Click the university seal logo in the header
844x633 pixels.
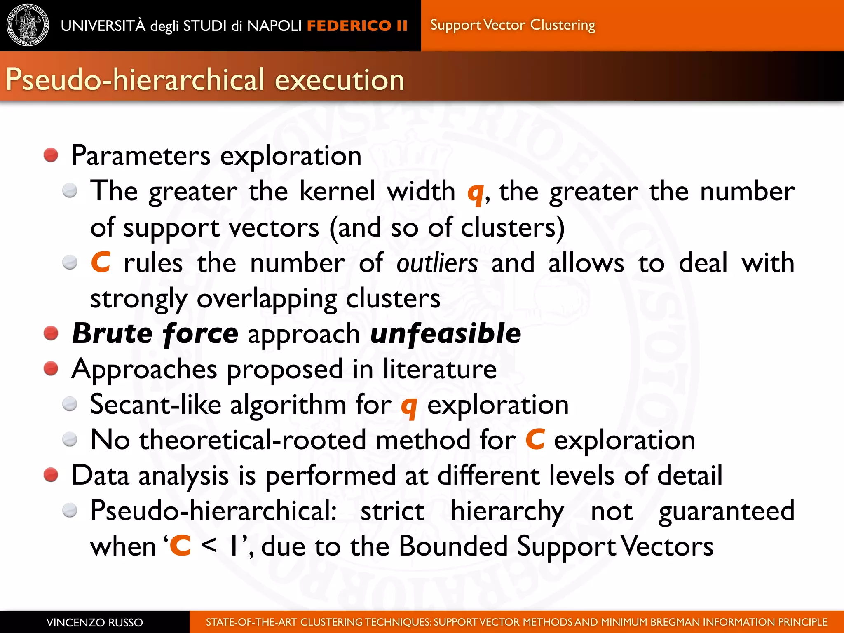point(28,25)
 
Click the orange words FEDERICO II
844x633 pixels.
point(357,26)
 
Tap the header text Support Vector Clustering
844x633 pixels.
point(512,25)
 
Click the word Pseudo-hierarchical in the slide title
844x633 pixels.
point(135,80)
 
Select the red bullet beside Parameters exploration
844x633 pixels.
point(51,155)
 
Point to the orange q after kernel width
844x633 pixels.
point(475,193)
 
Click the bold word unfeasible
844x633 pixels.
point(445,333)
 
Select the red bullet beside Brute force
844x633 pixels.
point(51,333)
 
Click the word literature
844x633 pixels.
point(440,369)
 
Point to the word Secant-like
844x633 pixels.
point(155,404)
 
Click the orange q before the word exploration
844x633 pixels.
point(409,407)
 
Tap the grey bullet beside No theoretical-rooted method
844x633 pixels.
point(70,440)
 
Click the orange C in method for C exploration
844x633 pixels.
point(535,440)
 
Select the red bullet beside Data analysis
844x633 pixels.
point(51,475)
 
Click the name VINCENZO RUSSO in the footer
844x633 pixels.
point(94,622)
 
